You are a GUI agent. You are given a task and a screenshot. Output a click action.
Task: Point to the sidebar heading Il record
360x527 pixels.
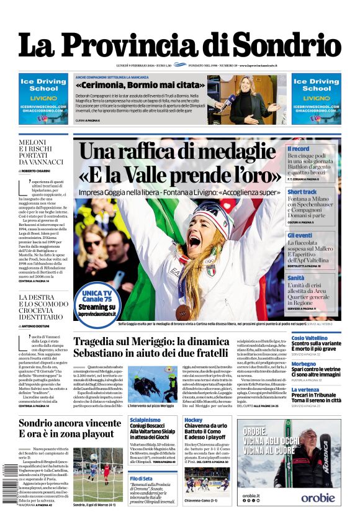pos(298,149)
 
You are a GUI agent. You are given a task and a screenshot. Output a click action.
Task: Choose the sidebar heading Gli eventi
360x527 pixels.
pos(300,235)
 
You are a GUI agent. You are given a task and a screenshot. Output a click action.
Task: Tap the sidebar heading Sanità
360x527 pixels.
pos(296,278)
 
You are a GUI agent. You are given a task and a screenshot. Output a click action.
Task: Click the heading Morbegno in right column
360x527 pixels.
pos(304,364)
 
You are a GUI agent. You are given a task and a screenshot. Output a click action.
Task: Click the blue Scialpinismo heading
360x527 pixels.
pos(145,420)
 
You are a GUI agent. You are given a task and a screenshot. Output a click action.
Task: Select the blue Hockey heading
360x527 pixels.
pos(193,420)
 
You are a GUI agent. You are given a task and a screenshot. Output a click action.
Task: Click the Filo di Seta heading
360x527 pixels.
pos(142,478)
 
